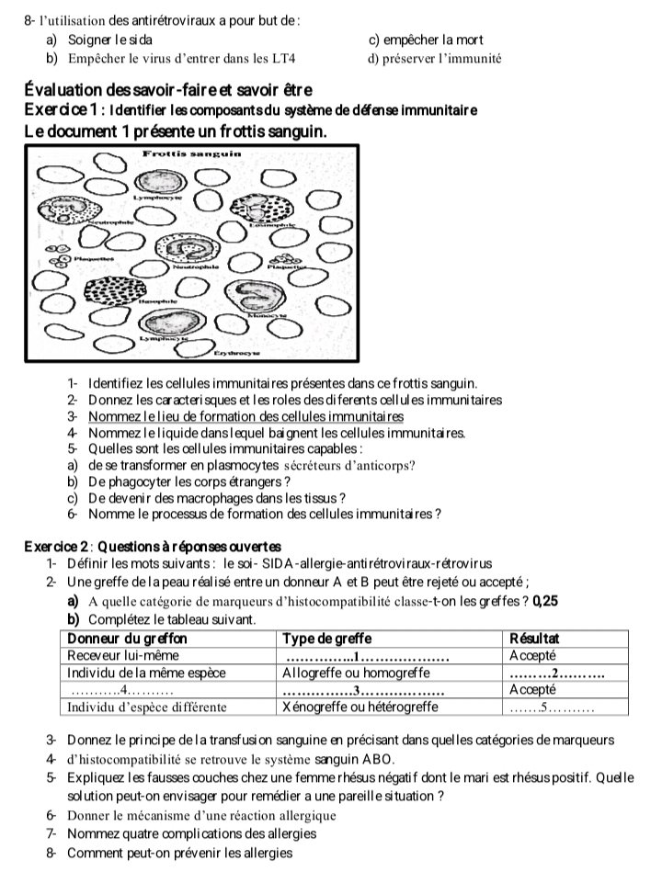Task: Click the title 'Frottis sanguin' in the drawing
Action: [x=192, y=154]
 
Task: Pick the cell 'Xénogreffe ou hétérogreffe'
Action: [x=360, y=707]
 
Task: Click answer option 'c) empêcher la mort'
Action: [x=426, y=40]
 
